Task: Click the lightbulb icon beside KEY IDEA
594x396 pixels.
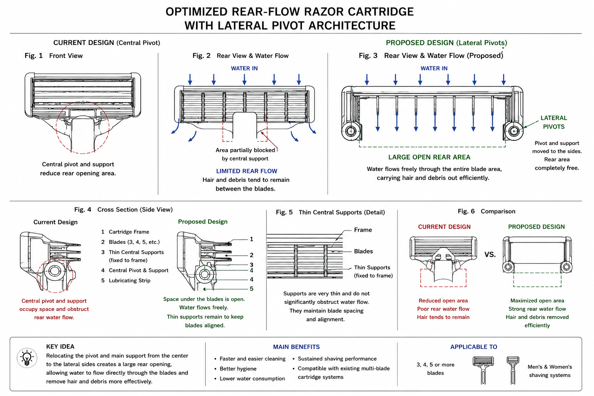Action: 27,358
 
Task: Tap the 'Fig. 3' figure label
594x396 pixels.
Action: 368,56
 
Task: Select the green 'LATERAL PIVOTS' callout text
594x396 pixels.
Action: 554,122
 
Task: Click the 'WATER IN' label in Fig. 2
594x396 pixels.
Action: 244,68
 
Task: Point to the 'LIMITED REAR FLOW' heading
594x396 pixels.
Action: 247,171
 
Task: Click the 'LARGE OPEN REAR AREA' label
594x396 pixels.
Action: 429,157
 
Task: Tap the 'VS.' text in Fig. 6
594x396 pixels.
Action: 490,254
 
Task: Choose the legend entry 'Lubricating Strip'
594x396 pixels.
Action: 130,281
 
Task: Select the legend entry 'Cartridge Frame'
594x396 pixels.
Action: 129,232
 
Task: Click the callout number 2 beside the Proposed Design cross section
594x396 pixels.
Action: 251,255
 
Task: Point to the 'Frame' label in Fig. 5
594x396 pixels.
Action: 363,230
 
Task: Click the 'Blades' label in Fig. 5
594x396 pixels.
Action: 363,251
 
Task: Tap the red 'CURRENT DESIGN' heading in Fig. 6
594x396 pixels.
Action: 444,227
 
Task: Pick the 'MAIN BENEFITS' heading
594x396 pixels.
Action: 297,347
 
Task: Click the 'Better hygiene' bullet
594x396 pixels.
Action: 238,369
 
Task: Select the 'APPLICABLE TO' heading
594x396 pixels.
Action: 474,347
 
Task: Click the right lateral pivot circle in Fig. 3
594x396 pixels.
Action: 514,131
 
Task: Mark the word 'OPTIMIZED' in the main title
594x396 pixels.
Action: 196,12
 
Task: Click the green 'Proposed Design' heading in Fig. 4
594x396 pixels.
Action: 203,222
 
